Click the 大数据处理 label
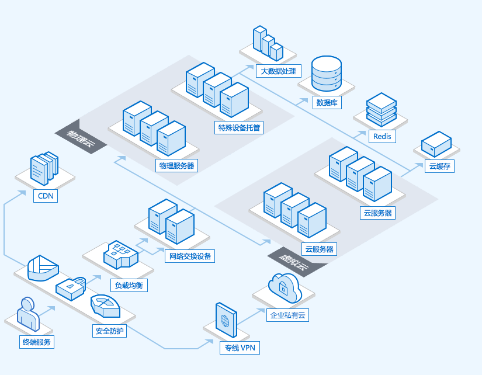(278, 72)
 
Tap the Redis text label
(383, 136)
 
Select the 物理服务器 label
(176, 165)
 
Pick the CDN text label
(46, 196)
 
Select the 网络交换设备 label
(190, 256)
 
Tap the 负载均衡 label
(129, 286)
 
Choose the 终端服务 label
(36, 342)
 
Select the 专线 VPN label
(239, 348)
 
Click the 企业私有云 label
(287, 315)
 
